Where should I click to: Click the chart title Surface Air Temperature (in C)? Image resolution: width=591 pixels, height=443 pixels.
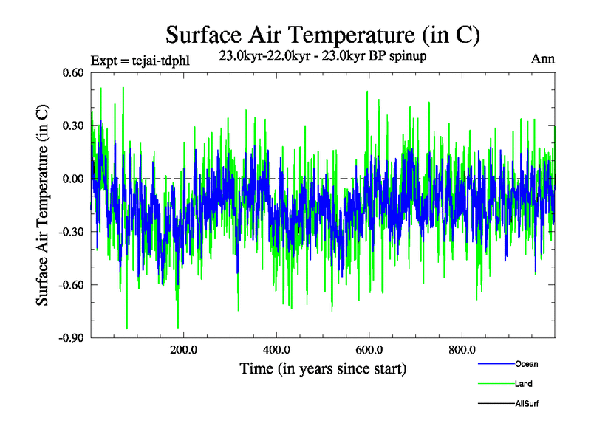[x=323, y=34]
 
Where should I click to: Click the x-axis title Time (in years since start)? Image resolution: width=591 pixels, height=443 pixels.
[x=323, y=368]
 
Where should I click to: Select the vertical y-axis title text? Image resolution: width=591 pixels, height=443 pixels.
[x=44, y=205]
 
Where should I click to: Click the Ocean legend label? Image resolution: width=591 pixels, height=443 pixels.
[x=527, y=364]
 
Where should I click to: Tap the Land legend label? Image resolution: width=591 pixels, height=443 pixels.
[x=524, y=384]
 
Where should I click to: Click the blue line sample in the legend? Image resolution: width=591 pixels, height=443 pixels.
[x=496, y=364]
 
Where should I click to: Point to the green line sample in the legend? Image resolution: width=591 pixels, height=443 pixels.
[x=496, y=384]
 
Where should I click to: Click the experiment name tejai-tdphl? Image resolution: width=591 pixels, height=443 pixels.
[x=161, y=61]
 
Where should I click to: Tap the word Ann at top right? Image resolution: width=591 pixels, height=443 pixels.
[x=543, y=59]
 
